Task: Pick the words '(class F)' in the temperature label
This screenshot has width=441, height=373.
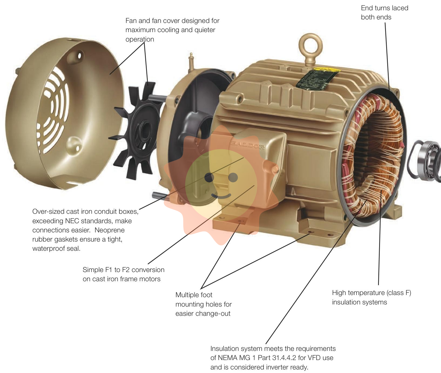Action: (x=399, y=293)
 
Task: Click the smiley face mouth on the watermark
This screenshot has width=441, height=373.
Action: (x=221, y=196)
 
